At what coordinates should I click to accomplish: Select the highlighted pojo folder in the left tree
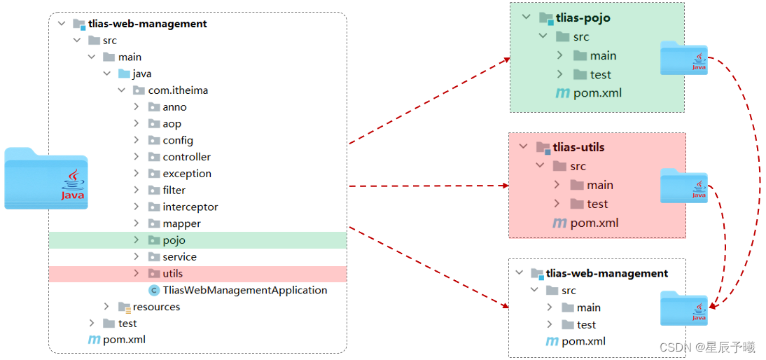point(174,240)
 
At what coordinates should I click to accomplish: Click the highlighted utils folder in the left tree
point(172,273)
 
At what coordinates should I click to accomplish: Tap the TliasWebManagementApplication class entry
point(244,290)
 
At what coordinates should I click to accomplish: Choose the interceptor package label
point(190,207)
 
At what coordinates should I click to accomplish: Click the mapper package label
point(181,223)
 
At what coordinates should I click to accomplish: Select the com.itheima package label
point(178,90)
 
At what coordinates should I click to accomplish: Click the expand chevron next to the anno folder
point(137,107)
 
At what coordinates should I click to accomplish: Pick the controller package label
point(186,157)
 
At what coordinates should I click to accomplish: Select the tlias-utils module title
point(578,147)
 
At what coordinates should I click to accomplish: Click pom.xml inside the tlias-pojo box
point(597,92)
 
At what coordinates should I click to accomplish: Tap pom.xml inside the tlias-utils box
point(594,223)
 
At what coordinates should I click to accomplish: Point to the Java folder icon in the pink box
point(684,186)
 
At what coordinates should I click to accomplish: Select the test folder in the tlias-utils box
point(597,204)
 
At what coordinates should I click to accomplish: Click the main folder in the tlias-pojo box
point(602,55)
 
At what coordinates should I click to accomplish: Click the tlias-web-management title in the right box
point(606,273)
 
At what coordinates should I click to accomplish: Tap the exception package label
point(187,174)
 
